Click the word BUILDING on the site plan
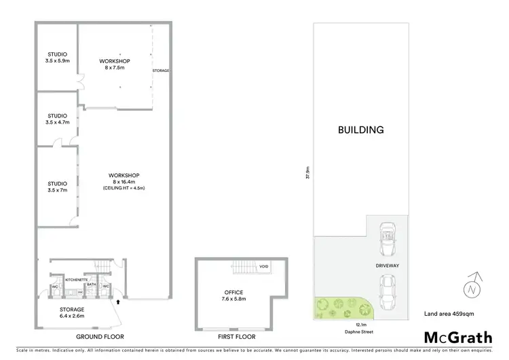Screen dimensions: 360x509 pyautogui.click(x=362, y=130)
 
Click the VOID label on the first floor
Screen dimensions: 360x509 pyautogui.click(x=263, y=267)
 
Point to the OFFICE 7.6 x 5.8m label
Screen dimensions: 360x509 pyautogui.click(x=234, y=295)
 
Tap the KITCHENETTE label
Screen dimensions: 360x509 pyautogui.click(x=75, y=279)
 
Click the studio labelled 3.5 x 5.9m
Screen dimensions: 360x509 pyautogui.click(x=57, y=56)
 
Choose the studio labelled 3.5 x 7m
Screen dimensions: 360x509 pyautogui.click(x=57, y=185)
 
